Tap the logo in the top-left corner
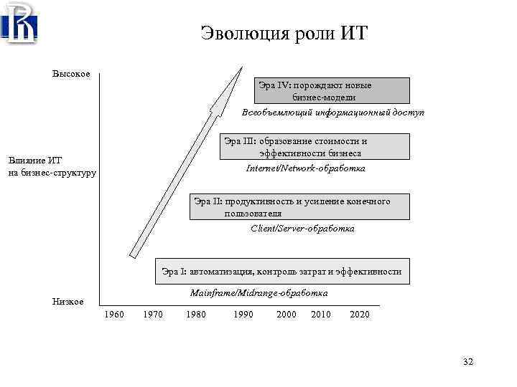click(x=19, y=24)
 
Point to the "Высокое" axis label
click(x=71, y=75)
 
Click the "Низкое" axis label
click(x=68, y=302)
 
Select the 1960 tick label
click(x=114, y=315)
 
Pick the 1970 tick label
click(x=153, y=315)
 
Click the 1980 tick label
click(x=195, y=315)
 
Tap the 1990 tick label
click(x=243, y=315)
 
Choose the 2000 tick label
click(x=286, y=315)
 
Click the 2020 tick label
click(x=360, y=315)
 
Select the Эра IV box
click(x=333, y=91)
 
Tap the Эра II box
click(x=300, y=206)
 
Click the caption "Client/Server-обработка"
click(x=302, y=229)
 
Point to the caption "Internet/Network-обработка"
click(x=305, y=168)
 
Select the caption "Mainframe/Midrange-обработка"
click(x=258, y=293)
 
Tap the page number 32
click(x=468, y=363)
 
